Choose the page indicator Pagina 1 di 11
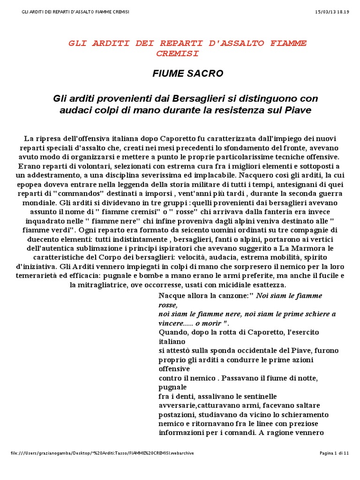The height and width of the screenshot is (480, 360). (x=334, y=453)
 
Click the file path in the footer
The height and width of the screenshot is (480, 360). (x=102, y=453)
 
